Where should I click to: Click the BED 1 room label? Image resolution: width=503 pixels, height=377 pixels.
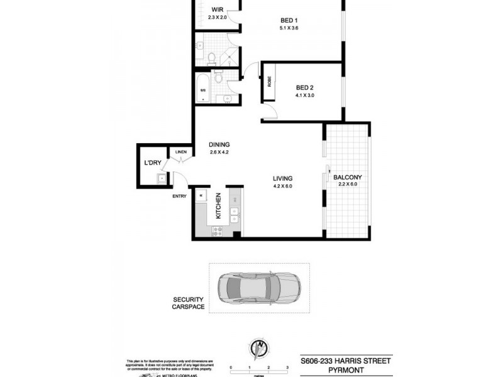coord(289,20)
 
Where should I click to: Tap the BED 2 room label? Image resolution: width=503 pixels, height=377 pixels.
coord(304,87)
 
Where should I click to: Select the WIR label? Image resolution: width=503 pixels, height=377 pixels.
coord(217,9)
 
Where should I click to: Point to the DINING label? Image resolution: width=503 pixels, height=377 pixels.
coord(219,144)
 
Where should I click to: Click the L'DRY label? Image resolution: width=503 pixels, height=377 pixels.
coord(152,163)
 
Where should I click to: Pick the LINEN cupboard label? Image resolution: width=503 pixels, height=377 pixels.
coord(181,152)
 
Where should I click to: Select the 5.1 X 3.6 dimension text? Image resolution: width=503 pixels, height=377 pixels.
coord(289,28)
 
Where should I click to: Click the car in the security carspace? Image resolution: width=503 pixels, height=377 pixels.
coord(258,288)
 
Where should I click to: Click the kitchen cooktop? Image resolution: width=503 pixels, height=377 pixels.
coord(218,231)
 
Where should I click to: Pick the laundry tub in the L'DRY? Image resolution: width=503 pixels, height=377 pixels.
coord(162,179)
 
